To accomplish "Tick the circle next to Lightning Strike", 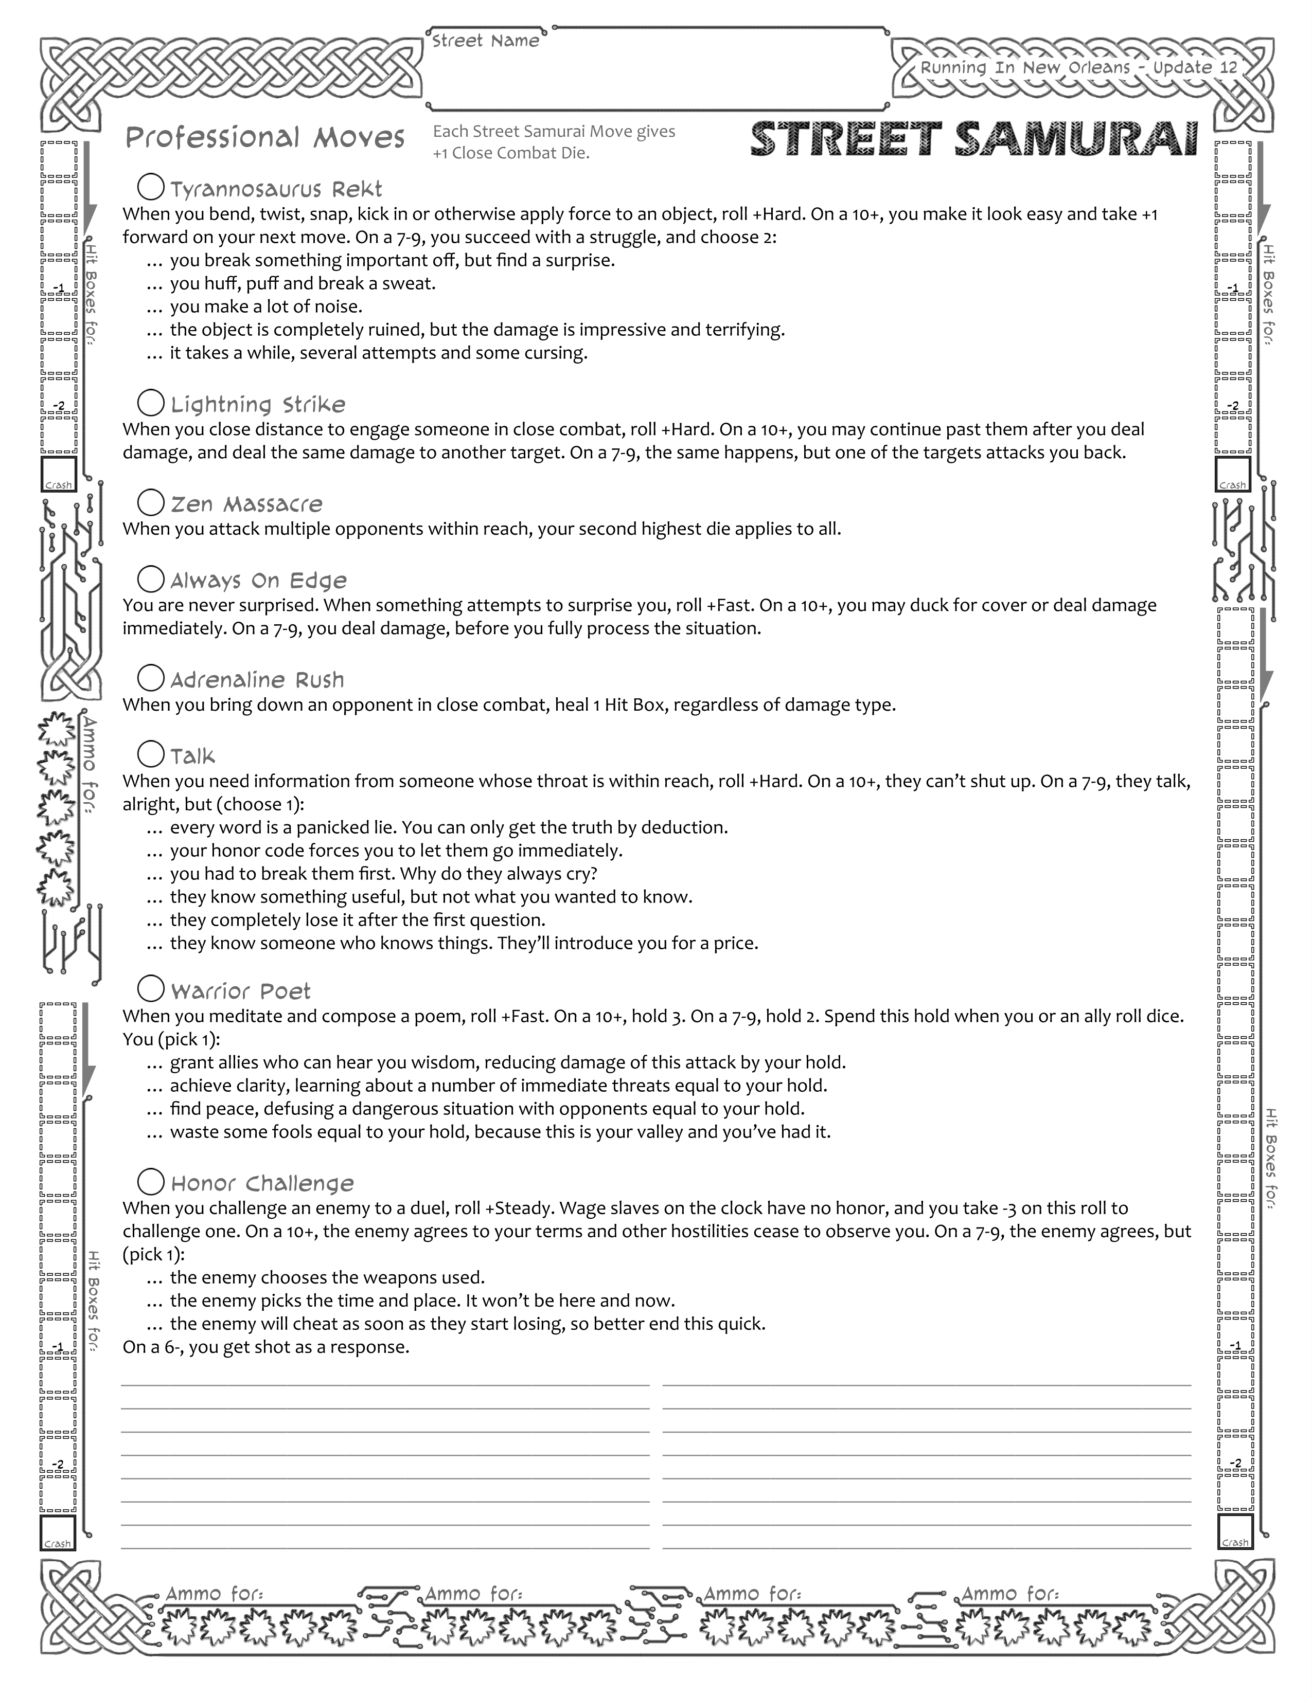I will (151, 403).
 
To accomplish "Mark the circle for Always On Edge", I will (151, 579).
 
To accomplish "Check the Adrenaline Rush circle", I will (151, 678).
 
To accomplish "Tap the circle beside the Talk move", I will (151, 754).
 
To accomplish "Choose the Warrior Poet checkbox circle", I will (151, 989).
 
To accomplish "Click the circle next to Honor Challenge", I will (151, 1182).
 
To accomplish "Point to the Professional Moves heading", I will (265, 138).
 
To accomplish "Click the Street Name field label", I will (486, 41).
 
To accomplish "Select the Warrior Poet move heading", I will (240, 991).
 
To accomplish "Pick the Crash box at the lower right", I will (1235, 1531).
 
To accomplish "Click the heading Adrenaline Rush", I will (257, 681).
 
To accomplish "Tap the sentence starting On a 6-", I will (266, 1347).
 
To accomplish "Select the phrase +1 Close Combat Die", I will (511, 153).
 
